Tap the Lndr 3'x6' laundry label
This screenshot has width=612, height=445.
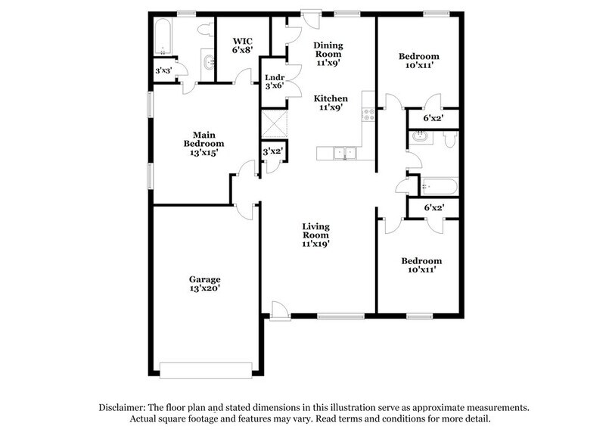(274, 81)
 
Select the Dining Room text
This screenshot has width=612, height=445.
(329, 49)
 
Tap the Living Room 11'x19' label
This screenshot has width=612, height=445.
(315, 235)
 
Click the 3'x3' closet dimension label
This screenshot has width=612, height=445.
(163, 70)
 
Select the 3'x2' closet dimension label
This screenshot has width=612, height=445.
(272, 151)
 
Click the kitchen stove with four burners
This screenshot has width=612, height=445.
(369, 115)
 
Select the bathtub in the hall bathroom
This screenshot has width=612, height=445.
(437, 186)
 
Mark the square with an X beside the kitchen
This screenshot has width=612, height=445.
(272, 122)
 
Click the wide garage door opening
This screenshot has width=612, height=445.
(205, 369)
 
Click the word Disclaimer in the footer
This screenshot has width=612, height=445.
(124, 407)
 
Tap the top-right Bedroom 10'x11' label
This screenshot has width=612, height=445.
(418, 61)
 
